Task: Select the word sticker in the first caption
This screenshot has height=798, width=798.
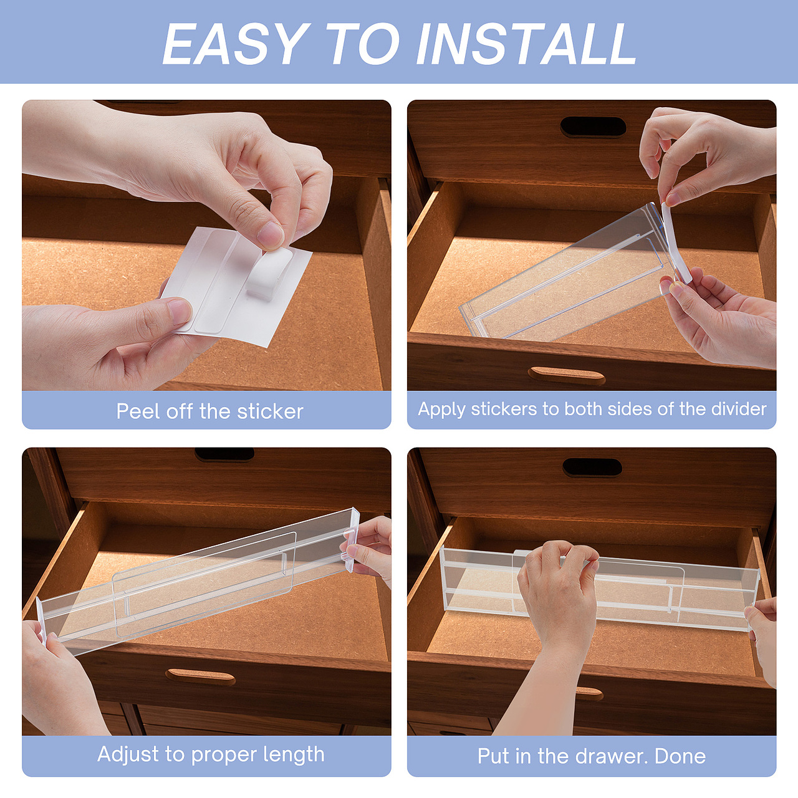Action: [270, 411]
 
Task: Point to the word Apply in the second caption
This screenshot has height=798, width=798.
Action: [441, 410]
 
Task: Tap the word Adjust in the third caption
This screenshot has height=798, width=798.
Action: [129, 754]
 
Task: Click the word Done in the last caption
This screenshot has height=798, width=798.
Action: [680, 756]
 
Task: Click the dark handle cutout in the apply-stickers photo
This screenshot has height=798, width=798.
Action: [593, 127]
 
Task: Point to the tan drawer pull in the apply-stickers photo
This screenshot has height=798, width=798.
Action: [567, 375]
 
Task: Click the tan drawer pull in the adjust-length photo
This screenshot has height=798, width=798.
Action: [200, 676]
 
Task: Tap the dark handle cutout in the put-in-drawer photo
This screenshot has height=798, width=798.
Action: [592, 468]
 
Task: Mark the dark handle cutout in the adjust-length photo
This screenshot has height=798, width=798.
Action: [224, 454]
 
